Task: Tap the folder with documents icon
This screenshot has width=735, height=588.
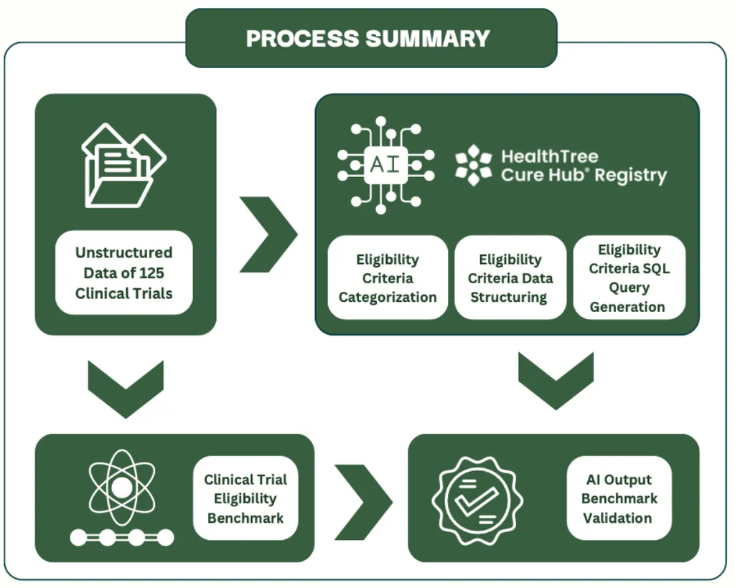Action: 123,166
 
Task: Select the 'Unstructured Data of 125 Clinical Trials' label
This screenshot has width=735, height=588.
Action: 124,272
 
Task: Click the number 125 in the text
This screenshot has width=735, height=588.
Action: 153,273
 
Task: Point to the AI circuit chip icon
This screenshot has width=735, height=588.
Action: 386,164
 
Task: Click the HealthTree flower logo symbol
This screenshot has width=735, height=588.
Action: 473,165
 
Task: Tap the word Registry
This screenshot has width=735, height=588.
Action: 635,175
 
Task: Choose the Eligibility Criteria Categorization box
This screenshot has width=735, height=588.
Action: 388,278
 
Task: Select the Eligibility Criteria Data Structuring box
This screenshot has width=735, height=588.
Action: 510,278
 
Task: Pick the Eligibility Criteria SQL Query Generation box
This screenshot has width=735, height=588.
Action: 629,278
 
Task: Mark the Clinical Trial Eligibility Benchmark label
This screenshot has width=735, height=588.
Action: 245,498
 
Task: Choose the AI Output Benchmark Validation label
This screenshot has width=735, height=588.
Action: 619,498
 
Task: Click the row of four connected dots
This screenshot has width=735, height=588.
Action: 122,537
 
